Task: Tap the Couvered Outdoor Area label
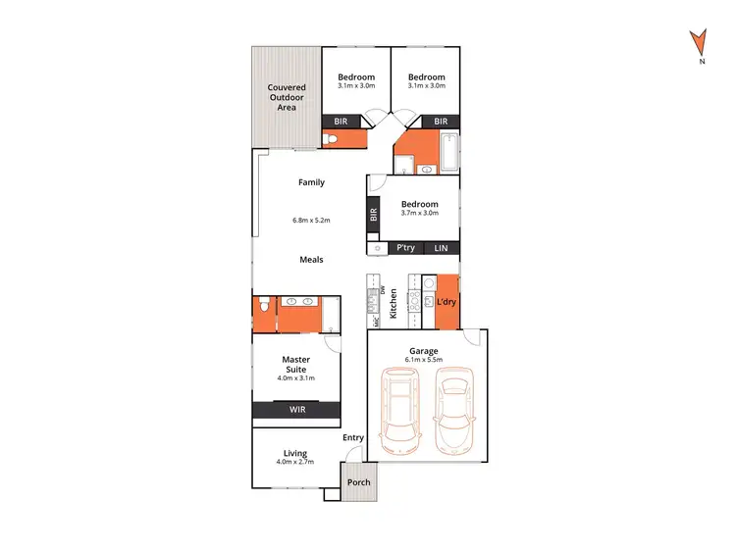tap(287, 97)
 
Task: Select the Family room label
tap(311, 182)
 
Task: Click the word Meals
tap(311, 260)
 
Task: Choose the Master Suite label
tap(295, 364)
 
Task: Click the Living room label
tap(295, 453)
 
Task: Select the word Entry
tap(352, 437)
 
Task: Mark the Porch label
tap(358, 481)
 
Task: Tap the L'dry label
tap(447, 302)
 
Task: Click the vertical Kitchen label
tap(394, 303)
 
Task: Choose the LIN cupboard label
tap(441, 249)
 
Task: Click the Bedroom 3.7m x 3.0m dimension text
tap(419, 213)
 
